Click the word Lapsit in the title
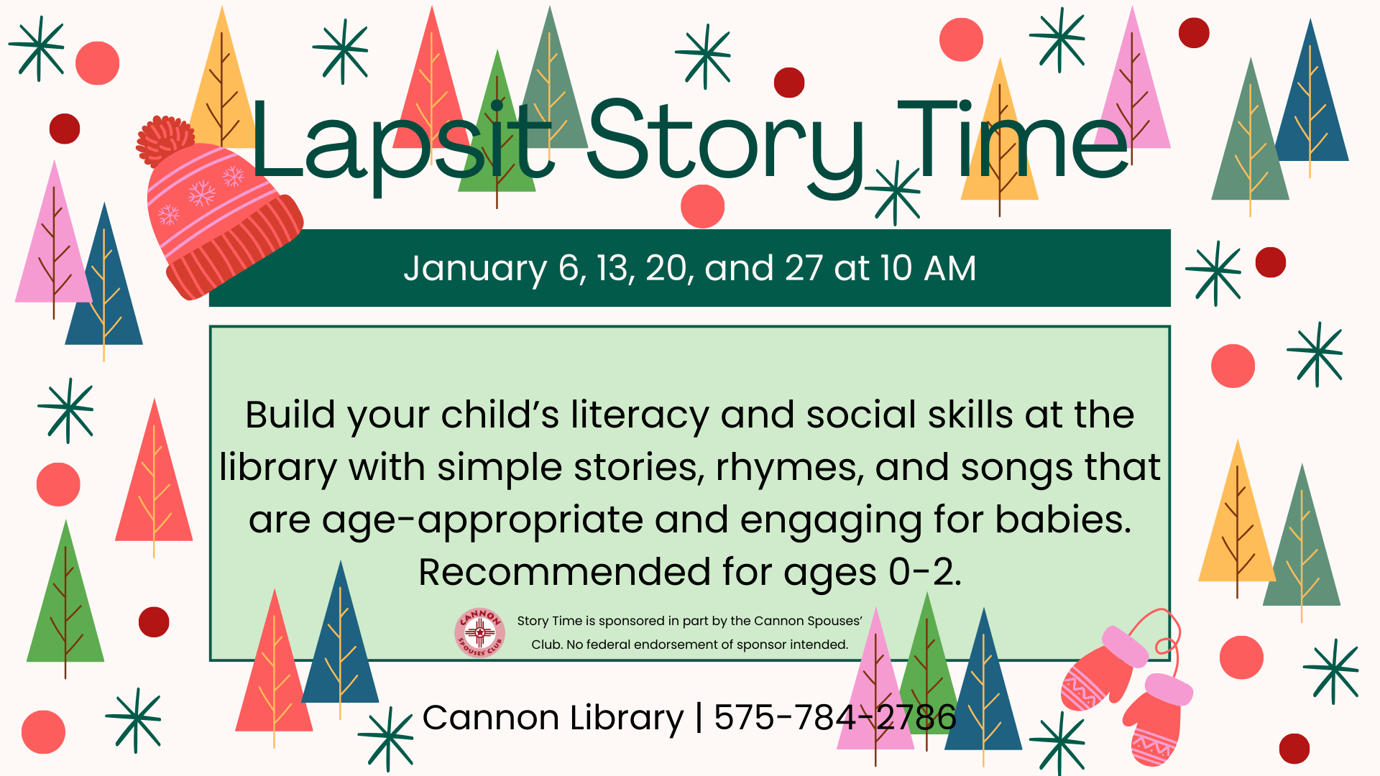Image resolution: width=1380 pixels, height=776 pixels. tap(403, 144)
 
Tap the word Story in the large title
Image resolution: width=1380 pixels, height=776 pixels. tap(726, 147)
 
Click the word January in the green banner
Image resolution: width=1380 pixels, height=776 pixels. tap(475, 269)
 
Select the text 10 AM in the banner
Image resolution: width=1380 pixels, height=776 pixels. tap(928, 268)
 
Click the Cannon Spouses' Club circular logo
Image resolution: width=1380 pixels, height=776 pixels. tap(479, 633)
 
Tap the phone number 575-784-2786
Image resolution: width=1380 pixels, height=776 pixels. tap(834, 717)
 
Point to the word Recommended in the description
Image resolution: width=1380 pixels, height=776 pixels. tap(564, 573)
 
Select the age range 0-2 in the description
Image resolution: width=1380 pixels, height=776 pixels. tap(924, 573)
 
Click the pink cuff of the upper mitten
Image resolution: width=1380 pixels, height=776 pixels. tap(1124, 645)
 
